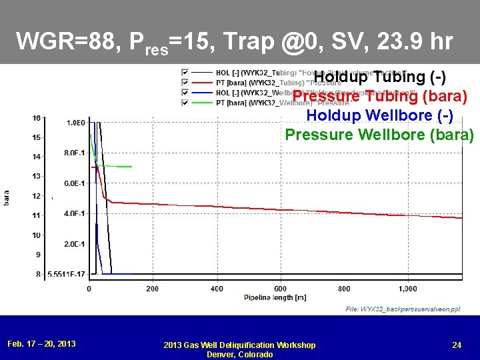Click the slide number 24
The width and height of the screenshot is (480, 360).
(457, 345)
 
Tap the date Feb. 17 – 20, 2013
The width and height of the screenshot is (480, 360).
(41, 344)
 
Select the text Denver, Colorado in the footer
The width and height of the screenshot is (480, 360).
(239, 354)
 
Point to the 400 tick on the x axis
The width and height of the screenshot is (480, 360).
(217, 289)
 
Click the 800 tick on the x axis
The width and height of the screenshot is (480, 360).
(344, 289)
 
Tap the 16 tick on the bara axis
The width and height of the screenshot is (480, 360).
(36, 118)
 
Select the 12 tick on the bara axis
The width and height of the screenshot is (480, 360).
(36, 196)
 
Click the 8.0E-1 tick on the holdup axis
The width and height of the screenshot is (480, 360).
(74, 153)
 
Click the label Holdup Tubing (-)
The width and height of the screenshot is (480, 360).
(380, 77)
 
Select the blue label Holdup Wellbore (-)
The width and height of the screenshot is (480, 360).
(379, 115)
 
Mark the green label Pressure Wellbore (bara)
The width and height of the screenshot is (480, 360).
(379, 135)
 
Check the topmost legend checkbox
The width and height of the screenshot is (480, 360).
(185, 72)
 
